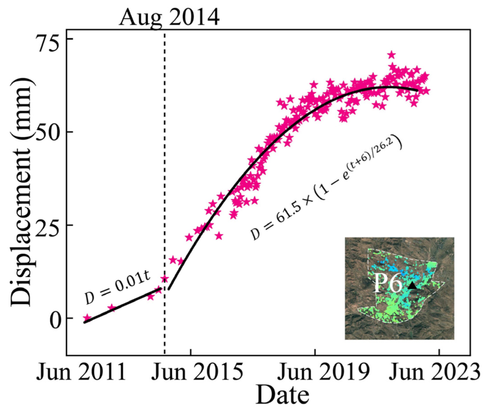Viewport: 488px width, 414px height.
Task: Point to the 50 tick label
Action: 49,132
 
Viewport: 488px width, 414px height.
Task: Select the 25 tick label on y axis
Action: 49,225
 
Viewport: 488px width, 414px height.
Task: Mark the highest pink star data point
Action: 392,55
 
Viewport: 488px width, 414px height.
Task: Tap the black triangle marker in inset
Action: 412,285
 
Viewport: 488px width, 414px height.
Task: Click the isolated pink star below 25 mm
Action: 219,236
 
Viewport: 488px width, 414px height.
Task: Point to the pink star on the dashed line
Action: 165,279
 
